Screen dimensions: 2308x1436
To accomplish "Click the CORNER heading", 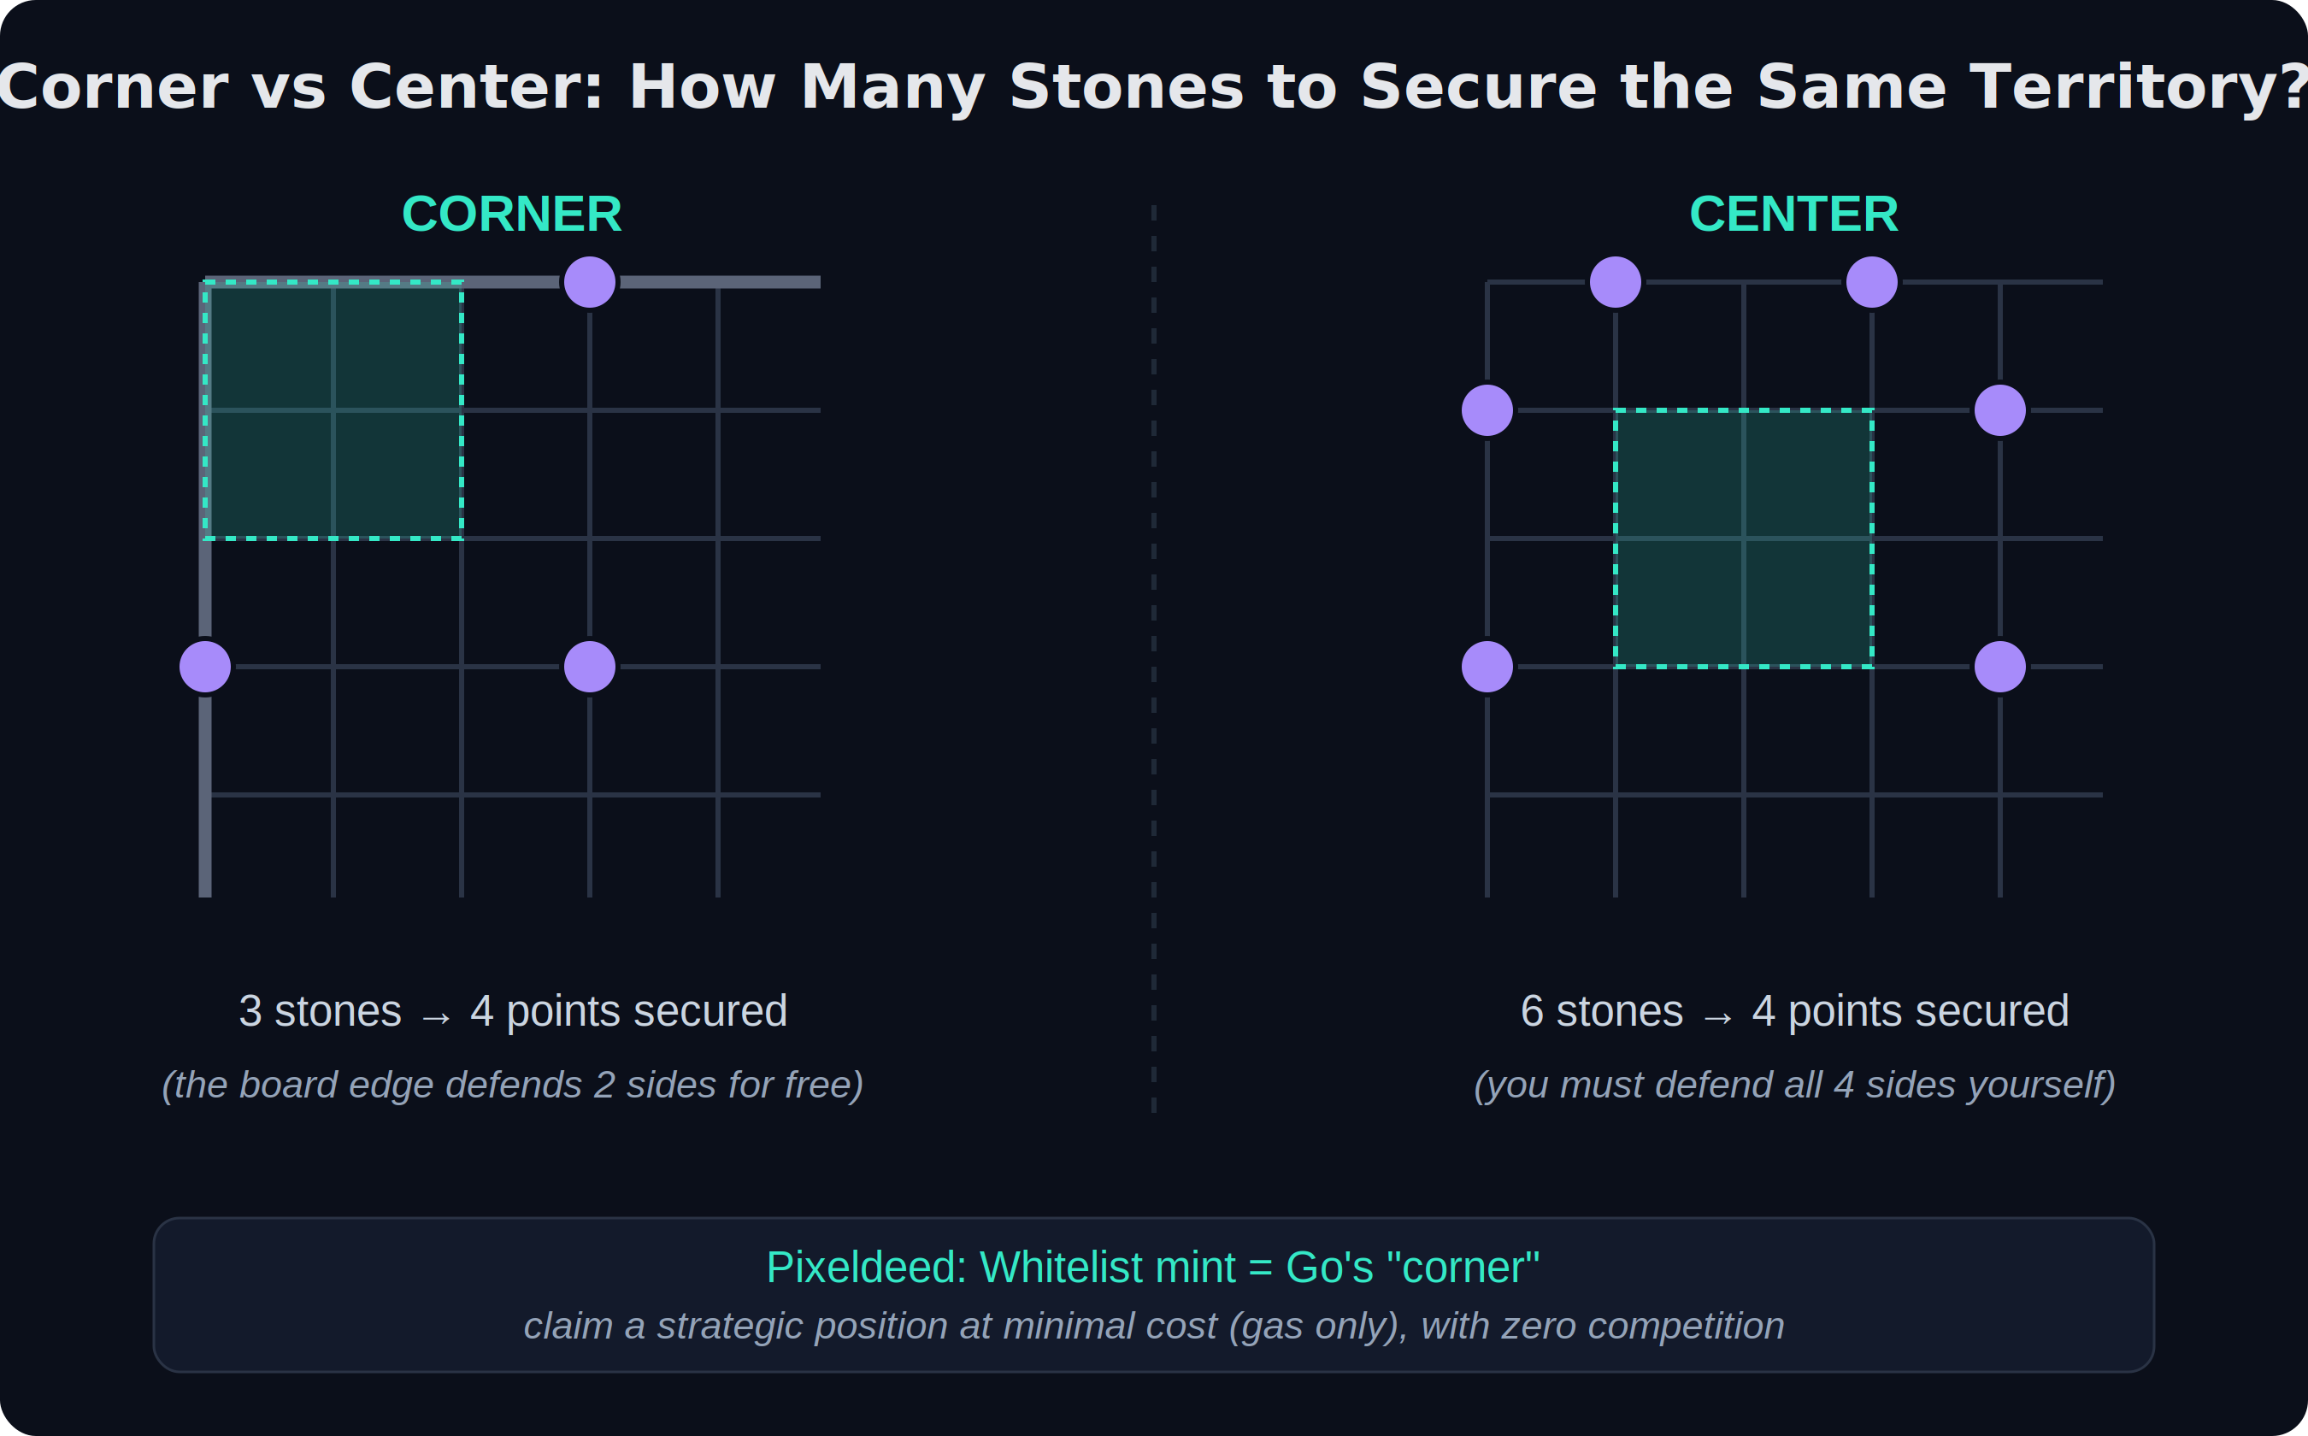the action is [x=512, y=214].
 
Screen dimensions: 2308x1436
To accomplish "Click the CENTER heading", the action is [x=1794, y=214].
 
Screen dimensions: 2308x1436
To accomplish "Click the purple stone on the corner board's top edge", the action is [x=590, y=282].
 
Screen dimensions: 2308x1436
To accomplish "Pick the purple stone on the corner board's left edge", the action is [x=205, y=667].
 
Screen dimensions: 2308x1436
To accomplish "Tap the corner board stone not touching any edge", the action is [x=590, y=667].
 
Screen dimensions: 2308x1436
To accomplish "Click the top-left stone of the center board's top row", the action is [x=1616, y=282].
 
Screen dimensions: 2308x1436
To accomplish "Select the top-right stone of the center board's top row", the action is [x=1872, y=282].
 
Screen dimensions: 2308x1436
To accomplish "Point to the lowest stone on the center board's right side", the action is [x=2000, y=667].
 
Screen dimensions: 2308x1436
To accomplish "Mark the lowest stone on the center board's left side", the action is [x=1487, y=667].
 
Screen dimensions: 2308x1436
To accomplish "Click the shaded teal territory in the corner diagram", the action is [x=333, y=410].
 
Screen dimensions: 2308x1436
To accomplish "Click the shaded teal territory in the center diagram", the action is [x=1744, y=538].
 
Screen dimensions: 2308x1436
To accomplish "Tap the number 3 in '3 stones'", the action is [x=250, y=1011].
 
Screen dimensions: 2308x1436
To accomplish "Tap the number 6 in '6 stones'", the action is [x=1532, y=1011].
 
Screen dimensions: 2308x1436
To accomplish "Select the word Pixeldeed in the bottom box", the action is [x=865, y=1268].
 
